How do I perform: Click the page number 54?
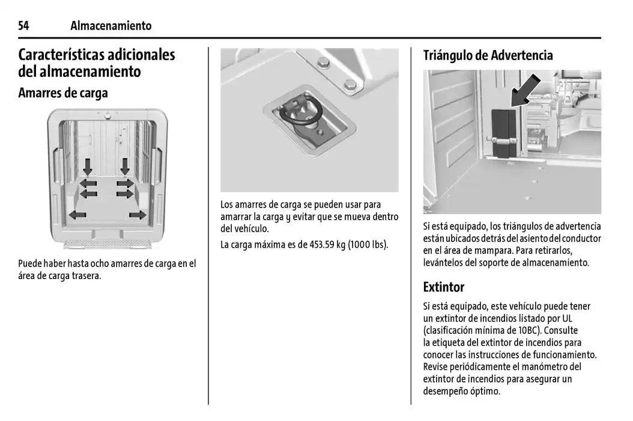[x=24, y=26]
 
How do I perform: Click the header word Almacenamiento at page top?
[x=111, y=26]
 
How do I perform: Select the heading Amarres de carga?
[x=63, y=93]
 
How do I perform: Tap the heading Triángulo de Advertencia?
[x=488, y=55]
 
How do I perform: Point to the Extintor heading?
[x=443, y=286]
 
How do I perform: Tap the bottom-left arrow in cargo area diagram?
[x=77, y=215]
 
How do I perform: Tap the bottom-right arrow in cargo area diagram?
[x=138, y=215]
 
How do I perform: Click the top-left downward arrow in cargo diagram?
[x=88, y=165]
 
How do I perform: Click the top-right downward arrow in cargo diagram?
[x=126, y=165]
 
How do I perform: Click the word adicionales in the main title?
[x=142, y=55]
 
